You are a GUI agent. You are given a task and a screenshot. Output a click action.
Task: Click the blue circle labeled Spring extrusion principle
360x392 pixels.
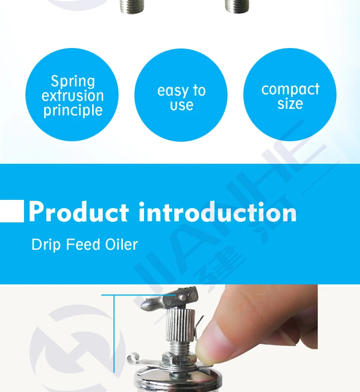[72, 95]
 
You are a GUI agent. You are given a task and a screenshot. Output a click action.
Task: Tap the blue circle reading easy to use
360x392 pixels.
[181, 95]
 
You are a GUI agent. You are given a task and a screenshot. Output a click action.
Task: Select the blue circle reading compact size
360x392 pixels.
[290, 95]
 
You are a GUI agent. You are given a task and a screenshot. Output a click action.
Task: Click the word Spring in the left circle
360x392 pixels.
[73, 81]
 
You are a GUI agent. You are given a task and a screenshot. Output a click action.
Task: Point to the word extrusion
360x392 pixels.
[72, 96]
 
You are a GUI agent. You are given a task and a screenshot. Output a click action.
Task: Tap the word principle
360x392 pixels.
[73, 110]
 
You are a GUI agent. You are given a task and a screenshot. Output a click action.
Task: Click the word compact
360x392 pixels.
[290, 89]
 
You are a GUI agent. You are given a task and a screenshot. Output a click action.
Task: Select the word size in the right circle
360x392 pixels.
[290, 104]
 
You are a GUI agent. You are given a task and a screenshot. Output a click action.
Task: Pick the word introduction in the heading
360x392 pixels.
[217, 212]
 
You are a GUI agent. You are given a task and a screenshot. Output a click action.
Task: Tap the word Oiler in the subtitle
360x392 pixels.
[122, 245]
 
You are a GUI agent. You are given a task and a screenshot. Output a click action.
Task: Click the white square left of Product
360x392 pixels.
[12, 211]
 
